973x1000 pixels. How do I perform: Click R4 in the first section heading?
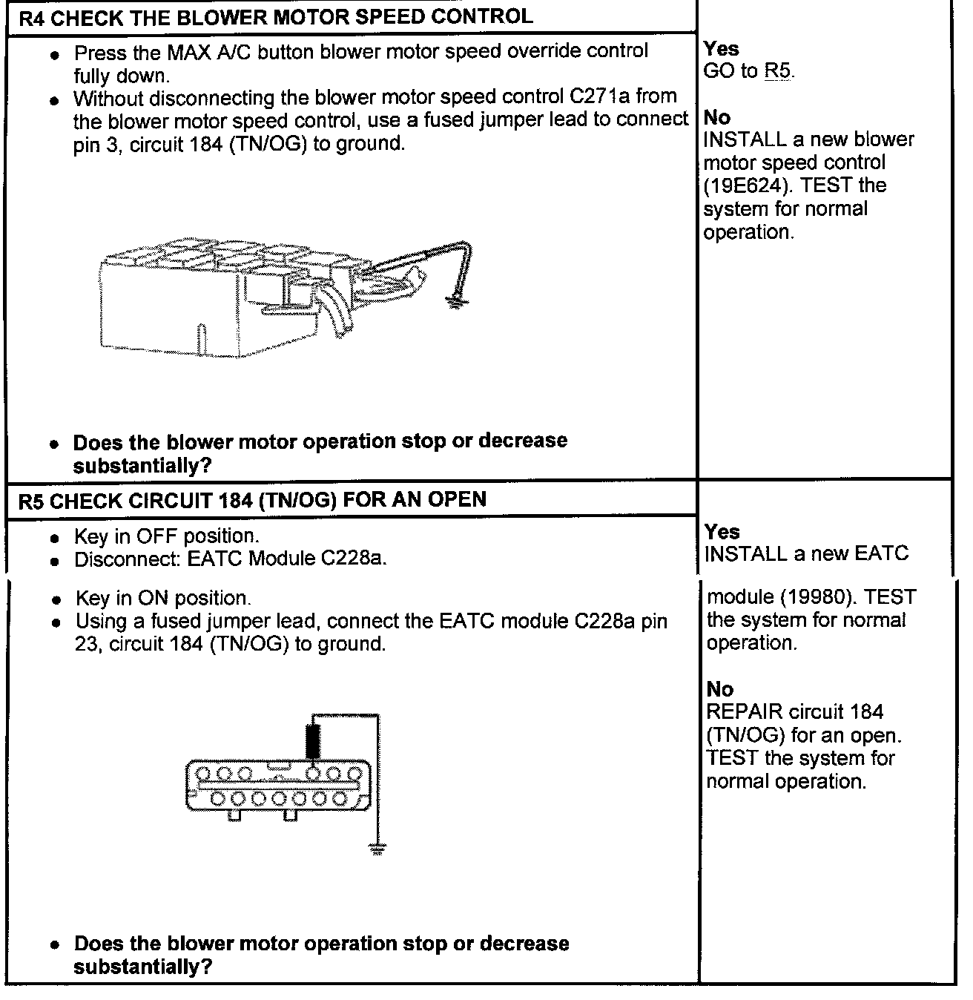click(31, 19)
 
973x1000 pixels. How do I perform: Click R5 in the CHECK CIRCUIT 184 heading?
click(31, 501)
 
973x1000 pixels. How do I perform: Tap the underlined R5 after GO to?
click(778, 72)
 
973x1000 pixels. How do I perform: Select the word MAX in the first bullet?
click(188, 52)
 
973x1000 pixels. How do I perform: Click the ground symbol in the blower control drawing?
click(455, 301)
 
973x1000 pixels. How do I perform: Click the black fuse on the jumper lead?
click(314, 739)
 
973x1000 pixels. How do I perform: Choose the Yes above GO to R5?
click(721, 49)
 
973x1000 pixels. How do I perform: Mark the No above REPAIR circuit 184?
click(719, 690)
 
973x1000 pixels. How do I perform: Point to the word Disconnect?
click(126, 559)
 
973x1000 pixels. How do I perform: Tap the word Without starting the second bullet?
click(116, 98)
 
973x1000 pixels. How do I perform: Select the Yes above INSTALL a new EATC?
click(722, 532)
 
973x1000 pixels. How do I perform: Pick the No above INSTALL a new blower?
click(716, 118)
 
